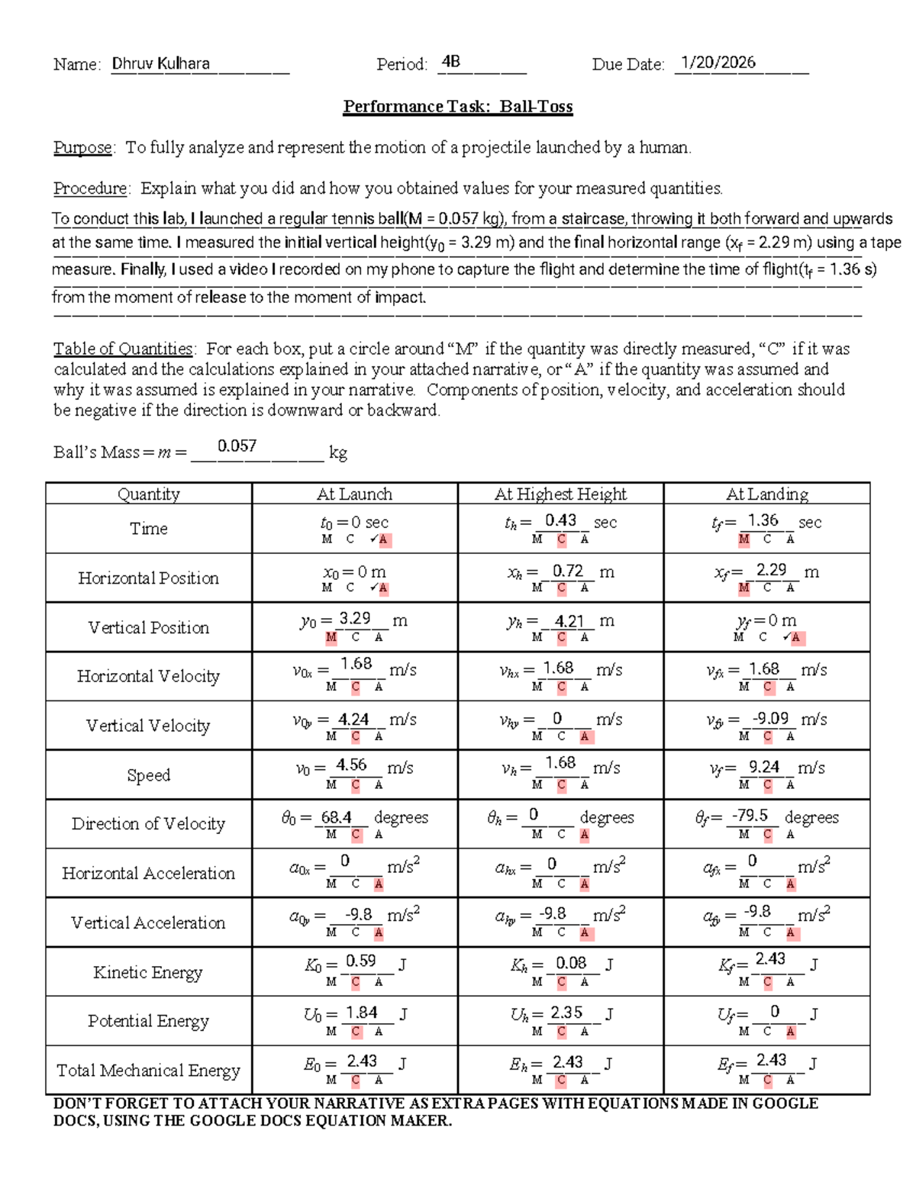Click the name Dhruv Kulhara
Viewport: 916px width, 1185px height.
point(161,63)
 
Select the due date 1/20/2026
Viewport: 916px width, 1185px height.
point(718,63)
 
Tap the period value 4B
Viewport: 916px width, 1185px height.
point(450,63)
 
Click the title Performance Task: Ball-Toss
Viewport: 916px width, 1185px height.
point(457,107)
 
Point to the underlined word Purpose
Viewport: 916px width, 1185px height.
point(82,147)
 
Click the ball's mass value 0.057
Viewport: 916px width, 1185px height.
point(237,446)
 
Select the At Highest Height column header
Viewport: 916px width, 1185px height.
point(560,494)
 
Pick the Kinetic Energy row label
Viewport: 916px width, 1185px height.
point(148,972)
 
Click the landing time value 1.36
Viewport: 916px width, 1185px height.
point(763,520)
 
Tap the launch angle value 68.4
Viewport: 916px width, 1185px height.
point(336,817)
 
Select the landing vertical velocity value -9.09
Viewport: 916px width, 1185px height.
point(770,719)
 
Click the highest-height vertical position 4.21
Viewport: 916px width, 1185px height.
point(569,621)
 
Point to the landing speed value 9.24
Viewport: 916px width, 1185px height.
point(764,767)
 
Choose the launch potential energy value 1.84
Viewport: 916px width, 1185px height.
point(361,1013)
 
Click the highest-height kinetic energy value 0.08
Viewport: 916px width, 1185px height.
point(571,963)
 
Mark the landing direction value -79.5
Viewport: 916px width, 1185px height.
point(750,816)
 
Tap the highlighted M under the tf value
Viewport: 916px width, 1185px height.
point(743,539)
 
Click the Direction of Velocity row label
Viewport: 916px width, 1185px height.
point(148,824)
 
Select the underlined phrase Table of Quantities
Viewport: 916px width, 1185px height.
point(123,349)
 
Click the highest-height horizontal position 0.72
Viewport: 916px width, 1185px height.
point(568,571)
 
